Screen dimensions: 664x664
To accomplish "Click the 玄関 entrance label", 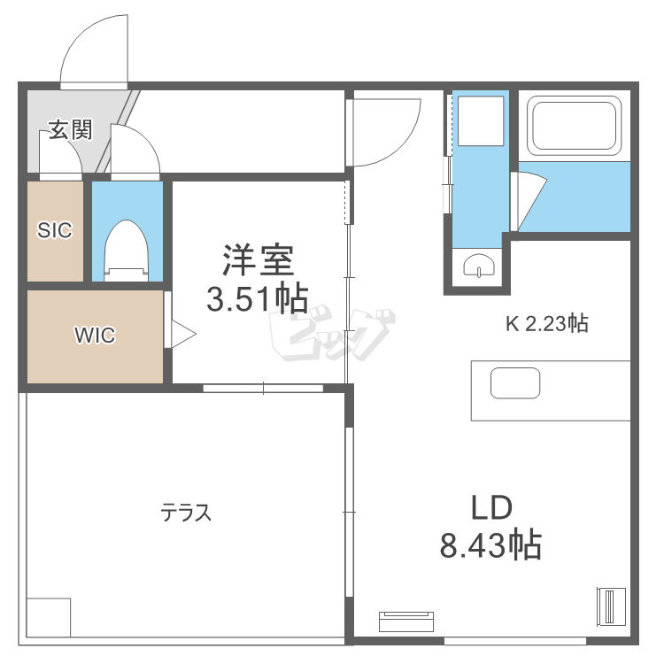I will [70, 130].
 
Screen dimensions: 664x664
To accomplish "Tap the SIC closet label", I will [54, 230].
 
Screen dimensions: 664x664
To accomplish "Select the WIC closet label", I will [95, 336].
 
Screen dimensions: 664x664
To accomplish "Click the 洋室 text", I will [257, 262].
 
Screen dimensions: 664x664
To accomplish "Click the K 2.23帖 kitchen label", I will [546, 324].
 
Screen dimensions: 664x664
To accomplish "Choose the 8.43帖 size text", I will [490, 545].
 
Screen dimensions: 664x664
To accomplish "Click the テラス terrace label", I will [186, 513].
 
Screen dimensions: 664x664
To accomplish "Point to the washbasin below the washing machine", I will [478, 265].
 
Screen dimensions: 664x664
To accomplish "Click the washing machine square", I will [479, 120].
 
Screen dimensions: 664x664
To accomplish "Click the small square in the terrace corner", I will [48, 617].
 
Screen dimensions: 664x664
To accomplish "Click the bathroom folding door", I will [529, 198].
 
